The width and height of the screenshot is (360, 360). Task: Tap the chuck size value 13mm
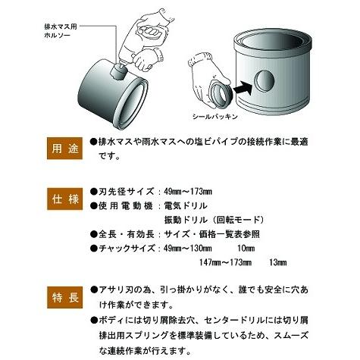(277, 262)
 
